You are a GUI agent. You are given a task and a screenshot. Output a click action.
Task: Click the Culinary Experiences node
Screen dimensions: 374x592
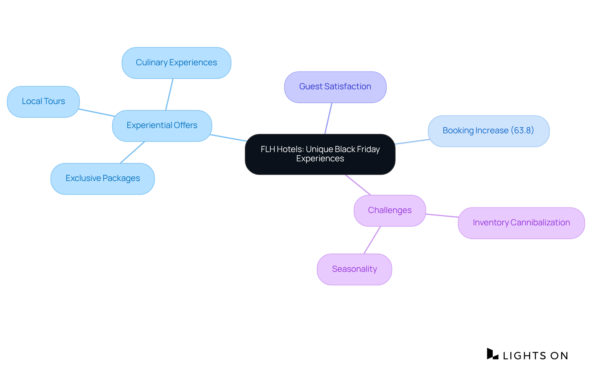176,63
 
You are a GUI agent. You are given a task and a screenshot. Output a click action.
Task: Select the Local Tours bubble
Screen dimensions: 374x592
43,102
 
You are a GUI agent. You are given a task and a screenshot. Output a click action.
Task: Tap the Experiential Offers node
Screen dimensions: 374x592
162,126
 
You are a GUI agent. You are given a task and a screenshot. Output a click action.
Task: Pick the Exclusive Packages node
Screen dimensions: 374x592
102,179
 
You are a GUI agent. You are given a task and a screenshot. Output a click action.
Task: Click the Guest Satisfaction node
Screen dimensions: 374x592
335,87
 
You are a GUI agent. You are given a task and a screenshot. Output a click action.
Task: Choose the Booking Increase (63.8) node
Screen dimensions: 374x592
488,131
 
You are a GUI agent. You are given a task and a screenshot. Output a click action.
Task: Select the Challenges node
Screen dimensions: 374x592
390,211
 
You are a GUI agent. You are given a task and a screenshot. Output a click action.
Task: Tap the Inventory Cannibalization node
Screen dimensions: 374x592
521,223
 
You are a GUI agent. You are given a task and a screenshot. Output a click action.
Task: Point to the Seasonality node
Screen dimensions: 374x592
354,269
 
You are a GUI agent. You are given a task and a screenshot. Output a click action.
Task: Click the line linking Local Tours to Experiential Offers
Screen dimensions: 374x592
97,113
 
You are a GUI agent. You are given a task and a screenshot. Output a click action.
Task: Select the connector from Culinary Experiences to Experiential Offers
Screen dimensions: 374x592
169,94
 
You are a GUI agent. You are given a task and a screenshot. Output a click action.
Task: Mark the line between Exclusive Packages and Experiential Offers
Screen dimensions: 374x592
132,152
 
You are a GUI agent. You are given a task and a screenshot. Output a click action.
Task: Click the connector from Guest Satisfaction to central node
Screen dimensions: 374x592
328,118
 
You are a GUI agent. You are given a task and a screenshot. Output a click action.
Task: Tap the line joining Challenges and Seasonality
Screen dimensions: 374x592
372,240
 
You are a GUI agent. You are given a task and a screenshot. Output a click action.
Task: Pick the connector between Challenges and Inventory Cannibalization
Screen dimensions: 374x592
442,215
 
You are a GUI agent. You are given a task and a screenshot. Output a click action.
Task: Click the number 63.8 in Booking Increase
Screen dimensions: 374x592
522,131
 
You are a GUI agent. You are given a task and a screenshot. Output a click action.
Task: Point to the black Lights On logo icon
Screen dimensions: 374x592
492,354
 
